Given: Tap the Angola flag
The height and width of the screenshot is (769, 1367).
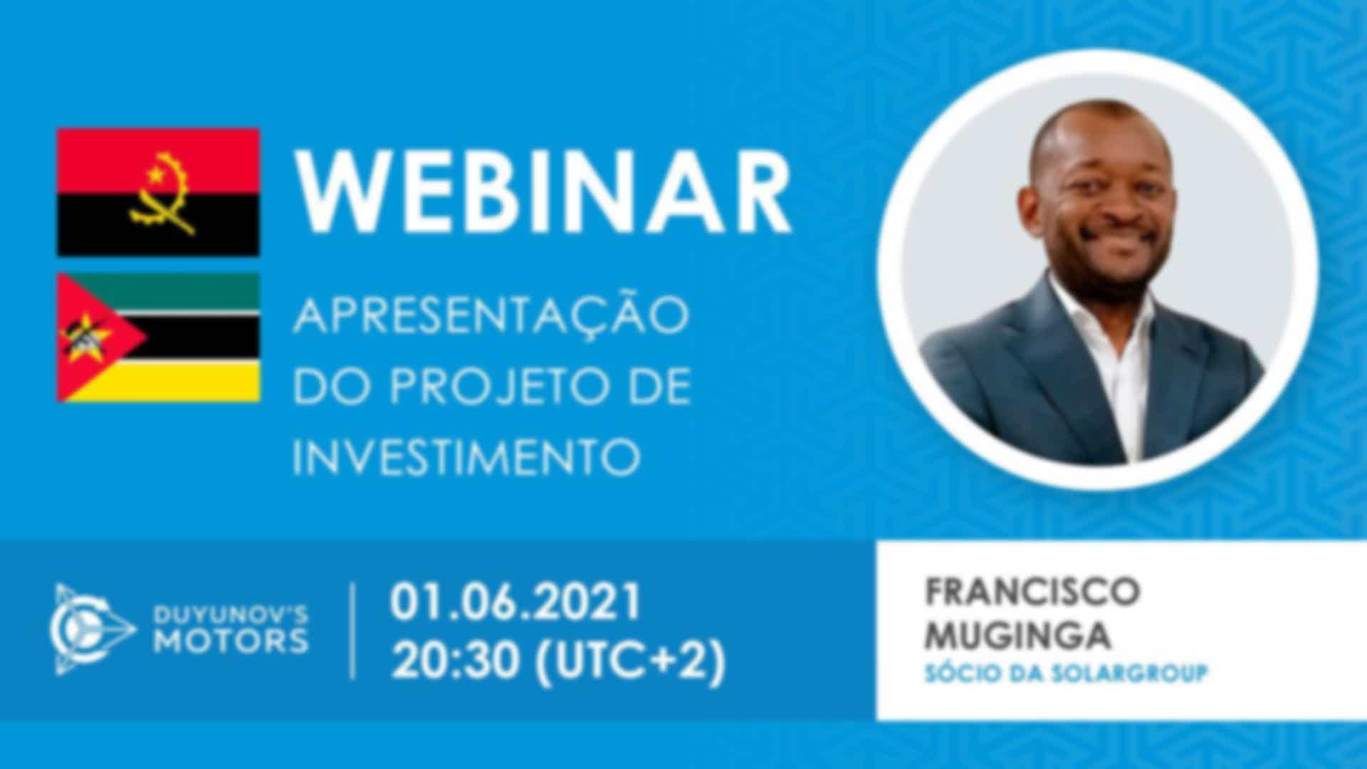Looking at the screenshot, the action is [x=158, y=192].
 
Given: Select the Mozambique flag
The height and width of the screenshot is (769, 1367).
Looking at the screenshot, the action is [x=158, y=338].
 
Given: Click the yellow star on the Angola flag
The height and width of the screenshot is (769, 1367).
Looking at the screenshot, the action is [x=154, y=173].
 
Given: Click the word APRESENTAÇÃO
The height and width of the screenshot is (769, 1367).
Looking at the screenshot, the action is [x=491, y=315].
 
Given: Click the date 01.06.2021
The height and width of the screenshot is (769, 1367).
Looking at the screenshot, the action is [x=515, y=602].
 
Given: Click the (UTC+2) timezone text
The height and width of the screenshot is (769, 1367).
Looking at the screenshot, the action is [x=630, y=661].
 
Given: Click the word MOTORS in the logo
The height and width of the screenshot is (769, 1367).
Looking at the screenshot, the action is [x=231, y=642].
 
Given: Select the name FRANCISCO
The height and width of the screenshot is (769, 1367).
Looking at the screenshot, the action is [x=1032, y=592].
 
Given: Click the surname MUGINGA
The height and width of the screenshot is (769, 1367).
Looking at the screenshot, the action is [x=1017, y=635].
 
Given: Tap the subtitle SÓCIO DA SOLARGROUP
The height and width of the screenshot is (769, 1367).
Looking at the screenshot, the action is [x=1066, y=674].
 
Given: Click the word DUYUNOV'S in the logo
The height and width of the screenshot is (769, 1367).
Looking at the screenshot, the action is [x=231, y=614].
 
